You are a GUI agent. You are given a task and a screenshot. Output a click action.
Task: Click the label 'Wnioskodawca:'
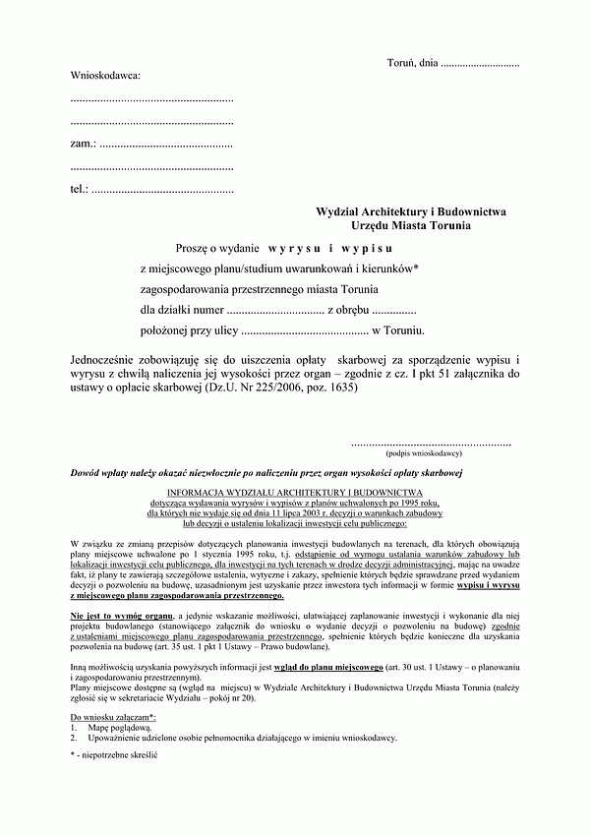click(x=105, y=75)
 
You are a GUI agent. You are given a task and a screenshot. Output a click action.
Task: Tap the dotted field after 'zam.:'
click(x=166, y=145)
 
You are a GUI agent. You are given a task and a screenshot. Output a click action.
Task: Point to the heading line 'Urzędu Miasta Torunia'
click(x=411, y=226)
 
